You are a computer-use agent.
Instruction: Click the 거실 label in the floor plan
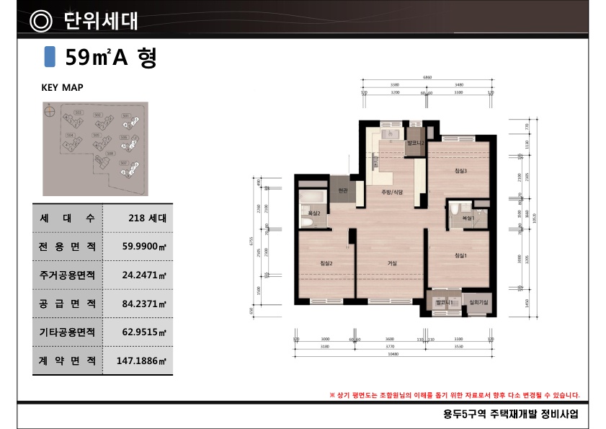point(392,263)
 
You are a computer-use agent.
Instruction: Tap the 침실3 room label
point(461,171)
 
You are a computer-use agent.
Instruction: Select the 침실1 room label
point(461,255)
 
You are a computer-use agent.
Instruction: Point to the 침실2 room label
point(326,263)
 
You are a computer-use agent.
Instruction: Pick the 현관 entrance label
point(343,190)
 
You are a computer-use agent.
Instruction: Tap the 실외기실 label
point(478,303)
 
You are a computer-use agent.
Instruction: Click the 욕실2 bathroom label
point(315,214)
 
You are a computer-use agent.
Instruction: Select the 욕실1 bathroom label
point(468,217)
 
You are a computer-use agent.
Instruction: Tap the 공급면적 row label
point(68,304)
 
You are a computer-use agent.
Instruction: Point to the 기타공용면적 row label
point(68,332)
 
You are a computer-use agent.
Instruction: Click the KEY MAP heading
point(63,87)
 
